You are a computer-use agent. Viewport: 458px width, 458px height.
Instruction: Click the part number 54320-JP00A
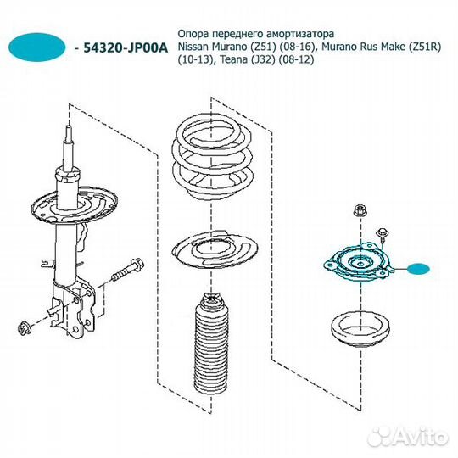tap(126, 48)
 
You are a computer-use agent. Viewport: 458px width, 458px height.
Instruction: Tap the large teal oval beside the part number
tap(37, 47)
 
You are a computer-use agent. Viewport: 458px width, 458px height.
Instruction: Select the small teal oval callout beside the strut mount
tap(419, 269)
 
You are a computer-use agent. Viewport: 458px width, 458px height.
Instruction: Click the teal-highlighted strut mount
tap(359, 263)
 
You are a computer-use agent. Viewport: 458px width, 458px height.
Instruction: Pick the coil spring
tap(211, 159)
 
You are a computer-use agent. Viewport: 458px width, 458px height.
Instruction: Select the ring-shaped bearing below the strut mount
tap(360, 329)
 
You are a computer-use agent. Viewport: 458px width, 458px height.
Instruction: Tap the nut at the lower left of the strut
tap(24, 328)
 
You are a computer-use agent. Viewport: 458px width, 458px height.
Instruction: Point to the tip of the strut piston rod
tap(70, 126)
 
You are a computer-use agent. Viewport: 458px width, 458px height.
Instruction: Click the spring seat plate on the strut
tap(74, 208)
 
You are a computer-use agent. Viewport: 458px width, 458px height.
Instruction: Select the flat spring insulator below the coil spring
tap(215, 249)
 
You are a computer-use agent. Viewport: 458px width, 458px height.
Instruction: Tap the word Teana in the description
tap(232, 60)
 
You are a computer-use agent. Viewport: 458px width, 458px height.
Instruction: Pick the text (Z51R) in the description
tap(424, 47)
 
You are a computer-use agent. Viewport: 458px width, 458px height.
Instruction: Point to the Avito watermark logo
tap(408, 438)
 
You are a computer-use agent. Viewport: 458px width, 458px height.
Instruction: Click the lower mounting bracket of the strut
tap(74, 307)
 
